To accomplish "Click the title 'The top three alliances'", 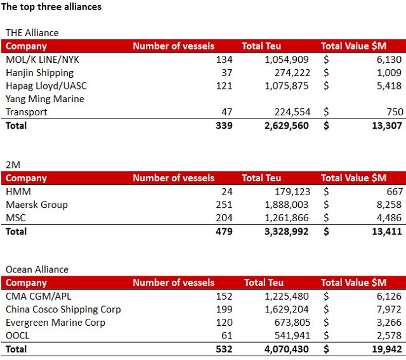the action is click(51, 7).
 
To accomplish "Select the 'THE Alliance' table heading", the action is click(32, 33).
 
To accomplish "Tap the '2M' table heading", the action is click(13, 165).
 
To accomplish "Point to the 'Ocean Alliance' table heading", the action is click(37, 269).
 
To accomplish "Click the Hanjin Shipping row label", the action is click(39, 73).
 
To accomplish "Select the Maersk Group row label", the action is click(37, 205).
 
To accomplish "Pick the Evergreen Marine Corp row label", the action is click(55, 323).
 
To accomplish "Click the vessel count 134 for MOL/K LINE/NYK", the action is click(224, 60).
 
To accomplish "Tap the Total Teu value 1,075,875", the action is click(286, 86).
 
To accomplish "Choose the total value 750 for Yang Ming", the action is click(395, 112).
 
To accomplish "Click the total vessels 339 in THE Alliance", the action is click(224, 125).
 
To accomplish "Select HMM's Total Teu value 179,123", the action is click(292, 191).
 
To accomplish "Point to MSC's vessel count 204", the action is click(224, 218).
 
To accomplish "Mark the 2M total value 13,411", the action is click(387, 231).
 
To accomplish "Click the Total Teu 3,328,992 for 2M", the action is click(286, 231).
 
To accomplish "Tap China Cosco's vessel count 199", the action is click(224, 309).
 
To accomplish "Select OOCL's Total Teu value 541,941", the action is click(292, 336).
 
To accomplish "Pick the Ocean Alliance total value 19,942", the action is click(387, 349).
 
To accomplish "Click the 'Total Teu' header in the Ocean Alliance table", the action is click(264, 283).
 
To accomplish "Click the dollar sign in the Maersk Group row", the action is click(326, 205).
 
